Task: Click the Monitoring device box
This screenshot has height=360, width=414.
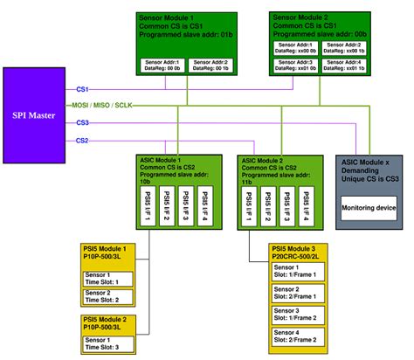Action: pos(371,207)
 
